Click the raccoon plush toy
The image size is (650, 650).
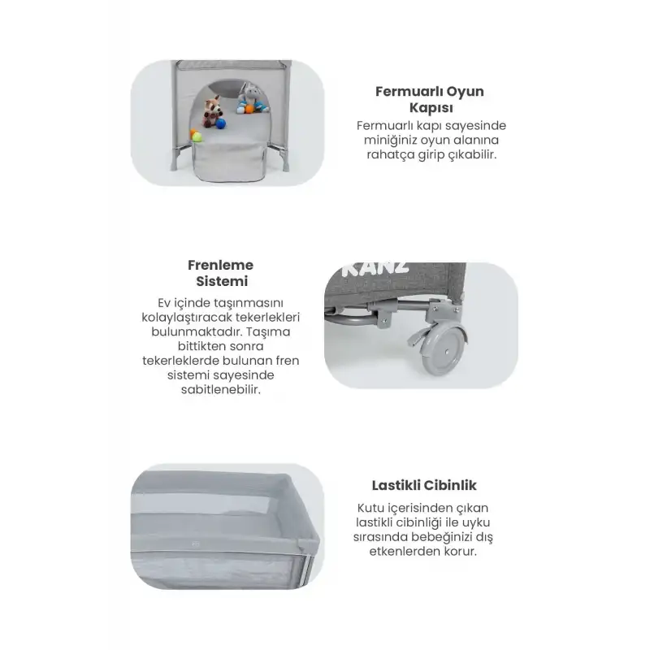213,111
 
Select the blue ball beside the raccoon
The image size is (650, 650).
221,123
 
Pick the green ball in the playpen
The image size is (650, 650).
197,136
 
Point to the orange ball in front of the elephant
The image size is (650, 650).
249,109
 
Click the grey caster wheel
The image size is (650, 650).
444,350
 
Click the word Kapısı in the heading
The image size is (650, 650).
431,108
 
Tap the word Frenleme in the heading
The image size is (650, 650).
220,265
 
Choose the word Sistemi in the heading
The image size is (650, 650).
222,281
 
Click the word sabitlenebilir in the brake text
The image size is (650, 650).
221,390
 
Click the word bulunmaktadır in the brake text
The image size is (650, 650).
196,331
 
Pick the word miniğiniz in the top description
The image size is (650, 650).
391,140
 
